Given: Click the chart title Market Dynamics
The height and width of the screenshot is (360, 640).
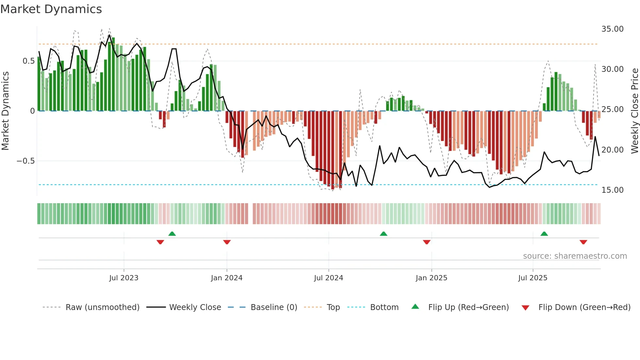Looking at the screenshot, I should [x=51, y=9].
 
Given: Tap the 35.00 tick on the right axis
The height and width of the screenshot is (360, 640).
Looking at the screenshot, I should [x=612, y=29].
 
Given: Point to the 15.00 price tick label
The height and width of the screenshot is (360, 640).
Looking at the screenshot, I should [x=612, y=190].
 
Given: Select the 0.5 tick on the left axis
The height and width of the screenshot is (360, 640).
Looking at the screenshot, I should [x=28, y=61].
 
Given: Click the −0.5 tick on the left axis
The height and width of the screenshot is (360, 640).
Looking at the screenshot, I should [x=25, y=161].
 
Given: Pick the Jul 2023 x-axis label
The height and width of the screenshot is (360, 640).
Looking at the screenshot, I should [x=124, y=278].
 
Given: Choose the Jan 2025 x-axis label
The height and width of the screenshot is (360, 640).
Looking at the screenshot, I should [x=431, y=278].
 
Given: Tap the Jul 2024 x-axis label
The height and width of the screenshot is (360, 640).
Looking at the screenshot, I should [x=328, y=278].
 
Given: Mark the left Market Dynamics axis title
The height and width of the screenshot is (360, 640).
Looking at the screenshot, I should [x=5, y=111].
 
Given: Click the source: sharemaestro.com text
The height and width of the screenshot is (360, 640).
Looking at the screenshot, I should [x=575, y=256].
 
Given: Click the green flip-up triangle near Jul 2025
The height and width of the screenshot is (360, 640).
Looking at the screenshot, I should [x=544, y=234].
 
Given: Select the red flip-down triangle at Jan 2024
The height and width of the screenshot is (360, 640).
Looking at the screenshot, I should [x=227, y=242].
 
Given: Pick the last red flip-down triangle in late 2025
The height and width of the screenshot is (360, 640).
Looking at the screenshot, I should [x=584, y=242].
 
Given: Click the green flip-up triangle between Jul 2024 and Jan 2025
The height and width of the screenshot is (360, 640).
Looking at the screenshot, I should [x=384, y=234].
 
